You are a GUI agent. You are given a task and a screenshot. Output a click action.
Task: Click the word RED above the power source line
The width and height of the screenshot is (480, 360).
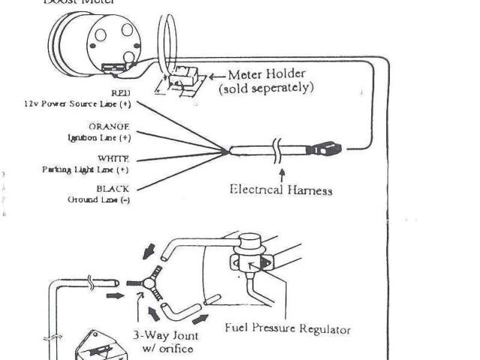click(x=120, y=94)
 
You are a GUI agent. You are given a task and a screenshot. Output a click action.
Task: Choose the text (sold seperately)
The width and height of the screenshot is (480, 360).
click(x=265, y=88)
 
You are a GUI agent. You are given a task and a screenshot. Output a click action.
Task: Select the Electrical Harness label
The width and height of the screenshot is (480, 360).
click(x=280, y=190)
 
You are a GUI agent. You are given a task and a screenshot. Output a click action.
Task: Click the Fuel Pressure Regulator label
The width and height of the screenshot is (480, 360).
click(x=288, y=328)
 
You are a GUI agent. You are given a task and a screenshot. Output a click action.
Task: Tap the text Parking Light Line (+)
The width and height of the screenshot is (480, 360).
click(x=85, y=169)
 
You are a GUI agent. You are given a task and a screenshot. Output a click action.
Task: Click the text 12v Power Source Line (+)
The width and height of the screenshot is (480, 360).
click(x=78, y=104)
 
